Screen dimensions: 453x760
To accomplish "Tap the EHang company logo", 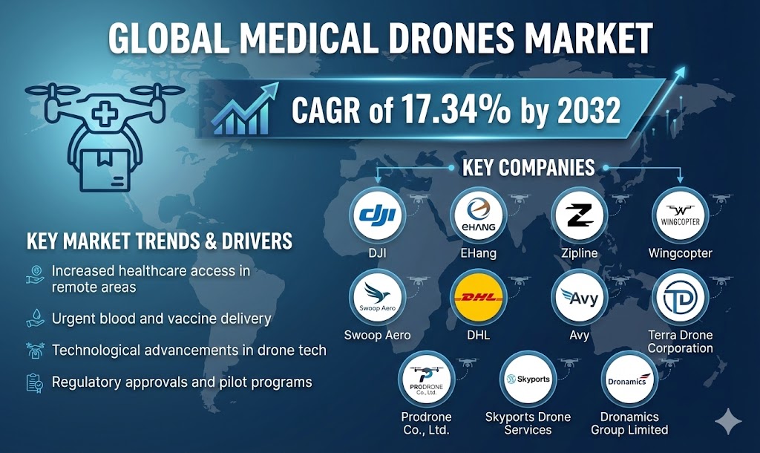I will click(478, 216).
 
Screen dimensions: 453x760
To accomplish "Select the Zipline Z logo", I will click(580, 216).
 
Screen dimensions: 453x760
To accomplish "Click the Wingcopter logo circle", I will click(679, 216).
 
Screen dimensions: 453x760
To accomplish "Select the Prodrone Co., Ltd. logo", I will click(426, 379).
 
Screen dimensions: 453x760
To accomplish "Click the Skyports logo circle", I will click(528, 379).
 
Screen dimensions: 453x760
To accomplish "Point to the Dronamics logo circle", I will click(629, 379).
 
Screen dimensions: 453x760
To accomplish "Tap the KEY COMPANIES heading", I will click(528, 167).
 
